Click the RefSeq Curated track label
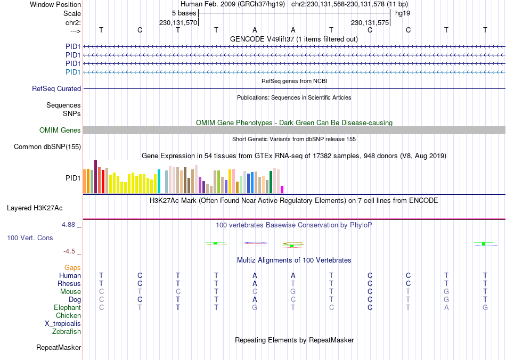point(56,89)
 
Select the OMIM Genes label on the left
point(60,130)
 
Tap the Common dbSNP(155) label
point(47,147)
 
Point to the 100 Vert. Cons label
point(30,238)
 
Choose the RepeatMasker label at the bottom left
point(59,348)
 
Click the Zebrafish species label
point(67,332)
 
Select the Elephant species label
point(67,308)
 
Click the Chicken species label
point(68,316)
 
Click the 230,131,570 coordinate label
point(178,23)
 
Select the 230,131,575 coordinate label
point(370,23)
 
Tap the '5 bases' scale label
point(184,13)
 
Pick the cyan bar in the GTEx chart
point(159,181)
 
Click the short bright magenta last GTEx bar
point(282,190)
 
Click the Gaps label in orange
point(72,268)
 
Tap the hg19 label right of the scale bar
point(403,13)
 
